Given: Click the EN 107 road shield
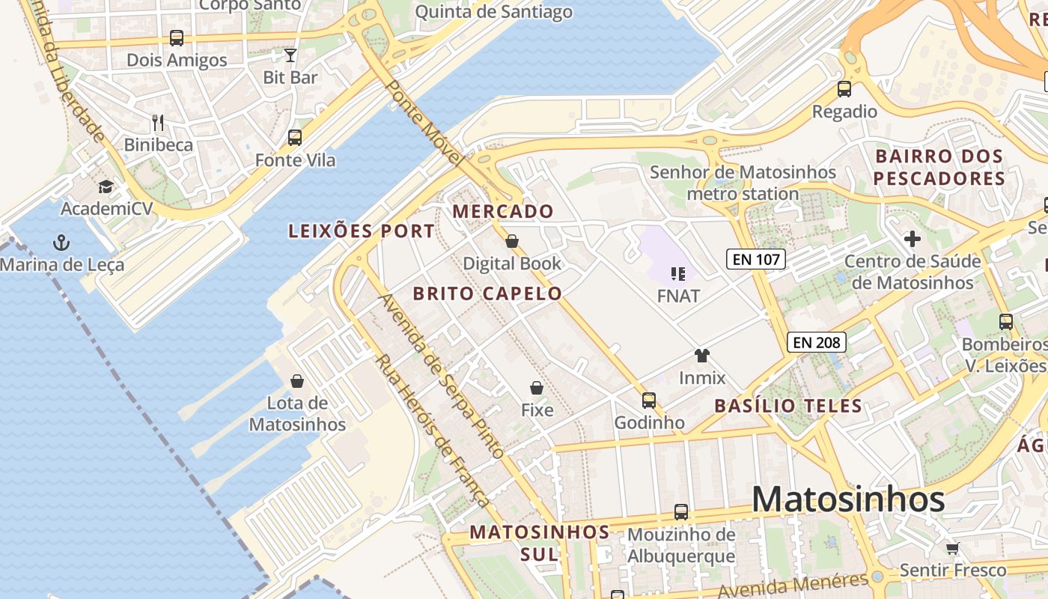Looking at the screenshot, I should click(755, 260).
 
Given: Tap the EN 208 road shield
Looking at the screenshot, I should click(817, 343).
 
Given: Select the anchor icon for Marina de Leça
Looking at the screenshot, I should click(61, 242).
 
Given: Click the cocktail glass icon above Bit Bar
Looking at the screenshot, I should click(290, 55).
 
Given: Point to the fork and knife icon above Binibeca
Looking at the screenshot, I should click(158, 122).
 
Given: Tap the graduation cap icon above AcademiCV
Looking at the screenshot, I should click(106, 186).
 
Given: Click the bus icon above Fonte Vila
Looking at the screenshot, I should click(295, 138).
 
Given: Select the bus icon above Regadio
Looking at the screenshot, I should click(844, 89).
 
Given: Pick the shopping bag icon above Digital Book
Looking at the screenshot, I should click(512, 241).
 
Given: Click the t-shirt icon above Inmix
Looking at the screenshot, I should click(701, 356).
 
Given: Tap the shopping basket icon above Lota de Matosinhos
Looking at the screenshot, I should click(297, 381).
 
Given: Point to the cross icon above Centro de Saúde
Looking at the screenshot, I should click(912, 240).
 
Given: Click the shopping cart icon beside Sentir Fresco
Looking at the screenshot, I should click(953, 548).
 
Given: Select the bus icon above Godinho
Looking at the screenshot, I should click(649, 401).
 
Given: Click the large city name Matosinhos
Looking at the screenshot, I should click(848, 499).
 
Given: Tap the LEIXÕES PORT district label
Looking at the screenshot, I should click(362, 231).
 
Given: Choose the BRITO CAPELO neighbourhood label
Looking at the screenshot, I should click(487, 294).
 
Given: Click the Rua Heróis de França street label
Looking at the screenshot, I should click(433, 431).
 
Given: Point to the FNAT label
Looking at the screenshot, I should click(678, 296).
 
